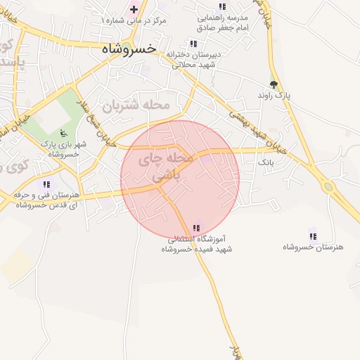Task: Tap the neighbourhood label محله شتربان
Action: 136,105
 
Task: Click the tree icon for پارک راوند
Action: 274,82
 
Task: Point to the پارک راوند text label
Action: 274,94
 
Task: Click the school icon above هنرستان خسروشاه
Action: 312,236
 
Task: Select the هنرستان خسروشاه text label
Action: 312,247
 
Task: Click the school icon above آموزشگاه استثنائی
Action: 196,228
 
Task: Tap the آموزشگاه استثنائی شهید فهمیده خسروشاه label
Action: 200,244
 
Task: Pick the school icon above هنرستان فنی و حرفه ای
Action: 46,184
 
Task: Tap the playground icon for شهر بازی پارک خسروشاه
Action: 64,132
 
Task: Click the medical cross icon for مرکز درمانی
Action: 134,9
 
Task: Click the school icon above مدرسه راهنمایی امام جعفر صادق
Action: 223,6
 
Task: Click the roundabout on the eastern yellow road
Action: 328,187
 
